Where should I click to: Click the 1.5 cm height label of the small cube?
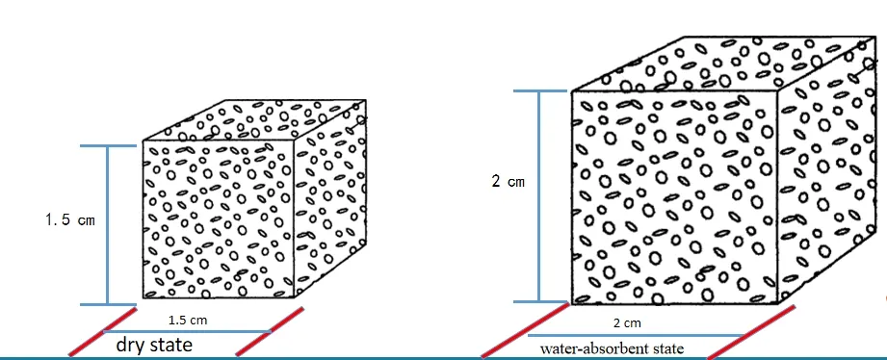69,220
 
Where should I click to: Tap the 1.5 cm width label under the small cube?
183,320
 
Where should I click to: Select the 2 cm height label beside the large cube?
508,182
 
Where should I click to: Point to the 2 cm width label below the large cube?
626,323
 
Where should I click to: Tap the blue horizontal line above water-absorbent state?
636,335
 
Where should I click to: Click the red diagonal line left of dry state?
102,331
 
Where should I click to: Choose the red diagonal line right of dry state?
271,331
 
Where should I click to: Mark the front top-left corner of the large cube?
572,92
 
